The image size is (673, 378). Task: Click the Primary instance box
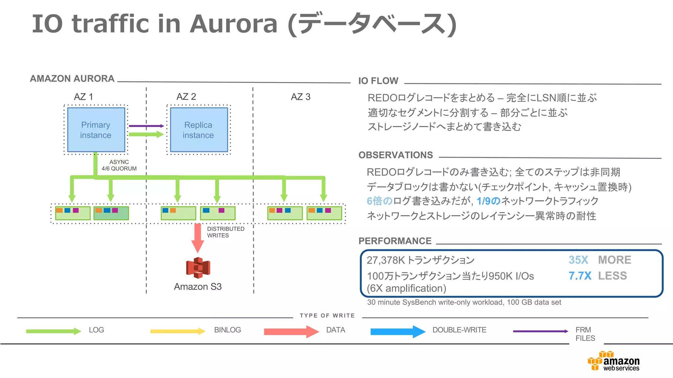[x=96, y=130]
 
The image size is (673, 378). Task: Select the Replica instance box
[x=198, y=130]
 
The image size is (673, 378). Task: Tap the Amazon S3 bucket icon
[x=198, y=268]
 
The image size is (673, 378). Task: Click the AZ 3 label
[x=300, y=97]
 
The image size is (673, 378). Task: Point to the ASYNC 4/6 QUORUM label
[x=119, y=165]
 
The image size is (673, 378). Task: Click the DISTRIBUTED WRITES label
[x=225, y=232]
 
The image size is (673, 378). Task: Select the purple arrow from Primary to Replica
[x=146, y=126]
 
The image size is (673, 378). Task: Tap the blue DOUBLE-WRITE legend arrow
[x=398, y=331]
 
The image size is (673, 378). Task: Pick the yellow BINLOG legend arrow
[x=177, y=331]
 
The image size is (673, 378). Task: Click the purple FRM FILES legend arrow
[x=541, y=331]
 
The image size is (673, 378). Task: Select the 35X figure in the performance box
[x=578, y=260]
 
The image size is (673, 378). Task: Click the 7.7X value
[x=580, y=276]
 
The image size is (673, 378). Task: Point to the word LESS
[x=613, y=276]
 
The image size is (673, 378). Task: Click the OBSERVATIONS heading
[x=396, y=155]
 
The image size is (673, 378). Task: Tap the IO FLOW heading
[x=378, y=81]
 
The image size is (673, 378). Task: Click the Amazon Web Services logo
[x=614, y=362]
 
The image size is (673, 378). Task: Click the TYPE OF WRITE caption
[x=327, y=316]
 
